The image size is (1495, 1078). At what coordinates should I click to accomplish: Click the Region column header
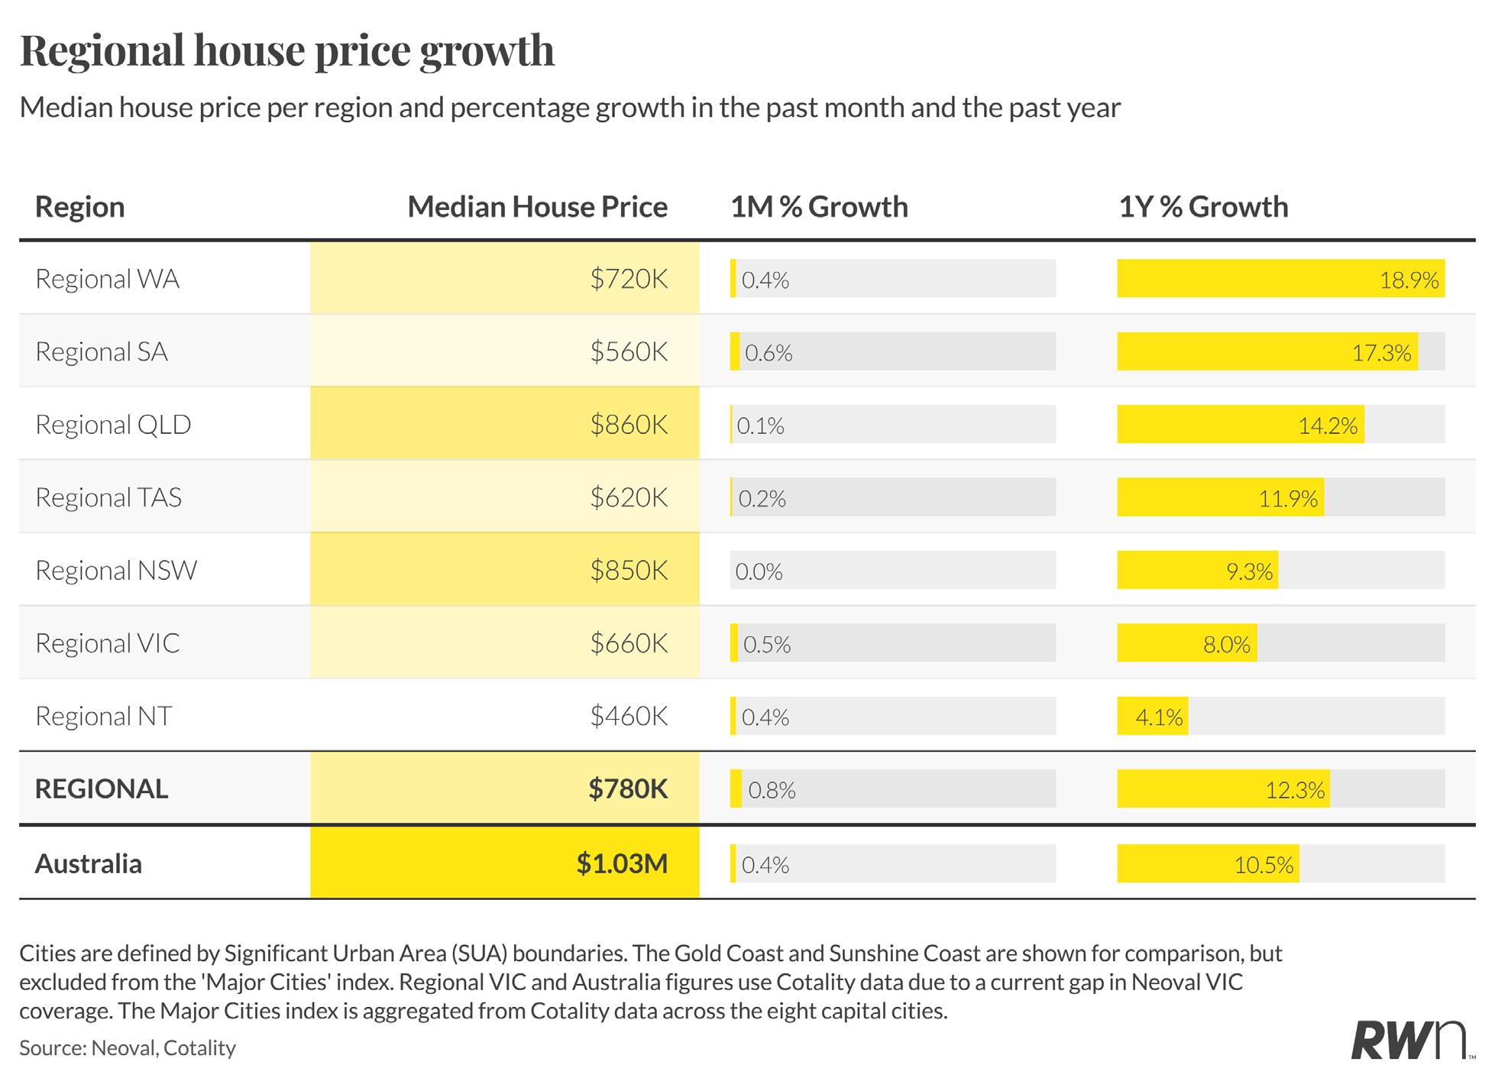click(80, 207)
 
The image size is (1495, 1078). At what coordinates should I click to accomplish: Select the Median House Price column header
click(538, 207)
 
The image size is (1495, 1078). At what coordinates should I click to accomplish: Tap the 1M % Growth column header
click(820, 207)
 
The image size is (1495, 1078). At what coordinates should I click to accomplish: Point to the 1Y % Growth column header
click(1204, 207)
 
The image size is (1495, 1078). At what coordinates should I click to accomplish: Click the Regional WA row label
click(108, 279)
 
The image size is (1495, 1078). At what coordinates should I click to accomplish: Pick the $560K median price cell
click(629, 351)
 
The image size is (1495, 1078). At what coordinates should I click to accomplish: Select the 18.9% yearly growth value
click(1409, 280)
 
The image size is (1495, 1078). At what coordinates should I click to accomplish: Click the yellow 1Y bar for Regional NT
click(1153, 716)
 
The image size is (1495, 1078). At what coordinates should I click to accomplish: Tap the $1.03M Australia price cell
click(622, 863)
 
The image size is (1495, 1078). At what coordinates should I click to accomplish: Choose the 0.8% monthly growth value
click(772, 790)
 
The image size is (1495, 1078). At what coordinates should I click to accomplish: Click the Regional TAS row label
click(108, 497)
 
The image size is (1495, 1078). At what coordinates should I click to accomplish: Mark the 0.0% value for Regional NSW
click(759, 571)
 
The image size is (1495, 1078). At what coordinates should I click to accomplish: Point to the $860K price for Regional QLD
click(629, 424)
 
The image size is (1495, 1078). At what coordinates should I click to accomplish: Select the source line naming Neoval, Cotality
click(128, 1047)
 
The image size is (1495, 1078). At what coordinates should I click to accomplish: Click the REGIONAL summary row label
click(102, 788)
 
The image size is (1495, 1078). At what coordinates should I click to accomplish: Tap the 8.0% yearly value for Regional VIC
click(1227, 645)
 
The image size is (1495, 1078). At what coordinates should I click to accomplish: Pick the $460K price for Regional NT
click(629, 716)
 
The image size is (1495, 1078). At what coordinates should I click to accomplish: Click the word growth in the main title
click(487, 51)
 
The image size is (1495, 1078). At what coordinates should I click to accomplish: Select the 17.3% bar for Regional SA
click(1268, 351)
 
